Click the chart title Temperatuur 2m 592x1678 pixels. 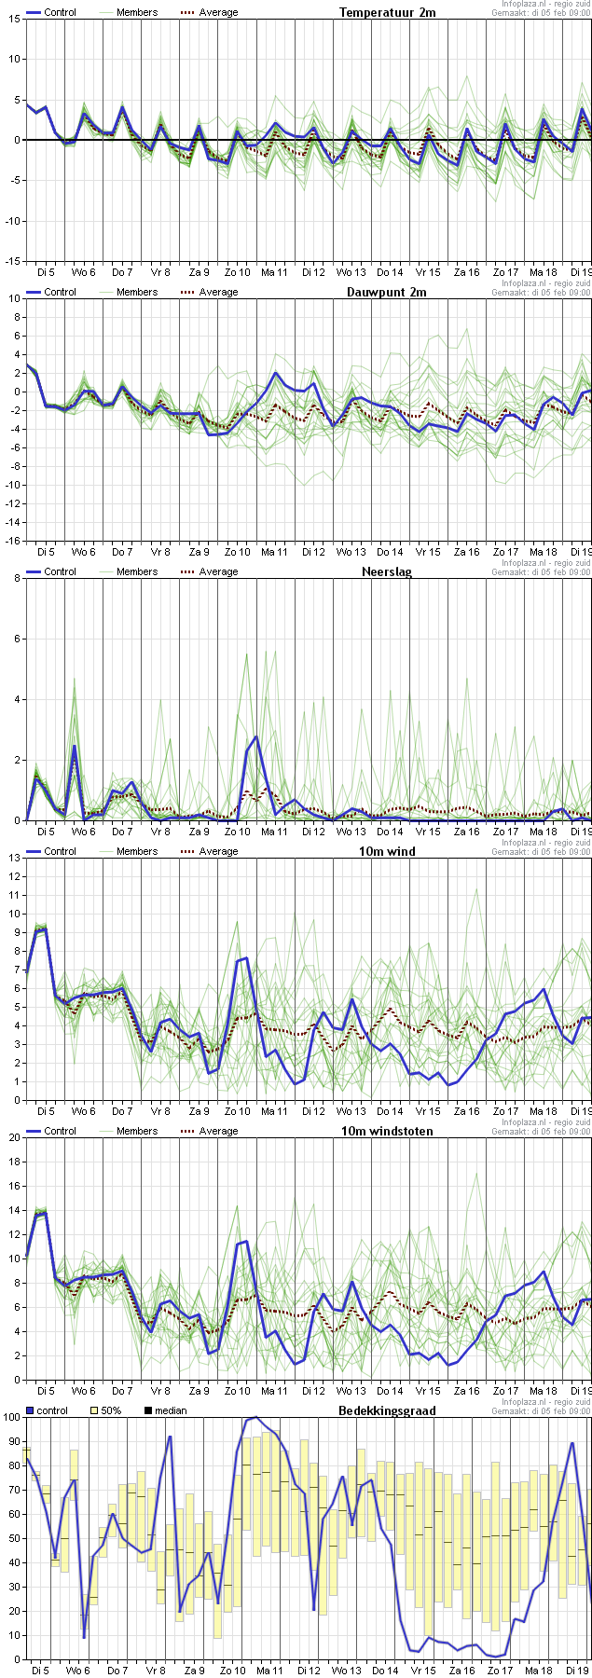(387, 12)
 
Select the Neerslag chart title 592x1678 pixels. (387, 571)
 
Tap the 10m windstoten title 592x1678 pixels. (387, 1131)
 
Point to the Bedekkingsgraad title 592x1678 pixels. (387, 1410)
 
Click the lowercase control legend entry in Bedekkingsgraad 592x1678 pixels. (46, 1410)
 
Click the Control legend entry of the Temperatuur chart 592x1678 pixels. (51, 12)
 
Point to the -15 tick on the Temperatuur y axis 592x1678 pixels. (13, 261)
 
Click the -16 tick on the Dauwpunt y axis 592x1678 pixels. (13, 541)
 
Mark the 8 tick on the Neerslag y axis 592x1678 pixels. (17, 578)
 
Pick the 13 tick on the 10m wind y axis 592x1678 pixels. (15, 876)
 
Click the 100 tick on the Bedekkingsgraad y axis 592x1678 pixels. (12, 1417)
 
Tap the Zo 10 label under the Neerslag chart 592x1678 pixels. (238, 832)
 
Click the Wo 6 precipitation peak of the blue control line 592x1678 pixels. (75, 746)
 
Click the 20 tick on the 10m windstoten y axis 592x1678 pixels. (15, 1137)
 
